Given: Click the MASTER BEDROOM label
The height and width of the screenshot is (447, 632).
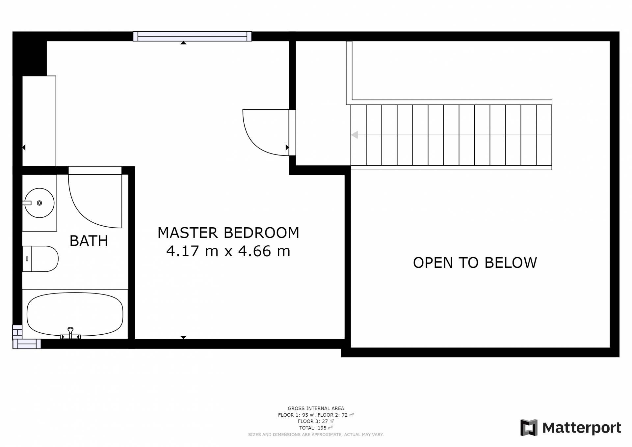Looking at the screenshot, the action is tap(228, 233).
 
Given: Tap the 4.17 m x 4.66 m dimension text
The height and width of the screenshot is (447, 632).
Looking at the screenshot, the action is tap(228, 251).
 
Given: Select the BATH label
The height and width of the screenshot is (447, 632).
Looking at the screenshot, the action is tap(89, 241).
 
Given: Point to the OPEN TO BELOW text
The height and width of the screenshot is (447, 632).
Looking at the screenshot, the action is tap(475, 263).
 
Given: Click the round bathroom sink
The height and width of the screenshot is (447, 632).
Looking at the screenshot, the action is tap(39, 203).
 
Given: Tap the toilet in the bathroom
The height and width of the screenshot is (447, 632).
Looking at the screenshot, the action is tap(40, 259).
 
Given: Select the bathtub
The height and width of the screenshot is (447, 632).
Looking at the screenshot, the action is tap(75, 314).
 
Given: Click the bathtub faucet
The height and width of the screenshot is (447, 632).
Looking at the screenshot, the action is tap(70, 333).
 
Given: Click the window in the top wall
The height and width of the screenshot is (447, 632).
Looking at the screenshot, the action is tap(192, 36).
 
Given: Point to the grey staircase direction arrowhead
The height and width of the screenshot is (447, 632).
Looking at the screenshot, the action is tap(355, 135).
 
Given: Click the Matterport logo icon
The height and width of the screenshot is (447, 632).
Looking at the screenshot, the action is tap(529, 428).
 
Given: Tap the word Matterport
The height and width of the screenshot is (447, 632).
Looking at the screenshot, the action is tap(582, 428).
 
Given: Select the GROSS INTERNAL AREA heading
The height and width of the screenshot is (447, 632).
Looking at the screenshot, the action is tap(316, 408).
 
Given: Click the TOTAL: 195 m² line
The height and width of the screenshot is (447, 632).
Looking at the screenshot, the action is tap(316, 428).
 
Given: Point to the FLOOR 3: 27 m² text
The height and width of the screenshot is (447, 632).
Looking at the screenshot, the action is tap(316, 421).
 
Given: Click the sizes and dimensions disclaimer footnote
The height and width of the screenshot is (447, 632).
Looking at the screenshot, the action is tap(316, 434).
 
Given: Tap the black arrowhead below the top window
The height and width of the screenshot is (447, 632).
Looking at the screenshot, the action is tap(183, 43).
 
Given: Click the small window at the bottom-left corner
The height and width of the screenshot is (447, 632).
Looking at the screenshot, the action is tap(27, 344).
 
